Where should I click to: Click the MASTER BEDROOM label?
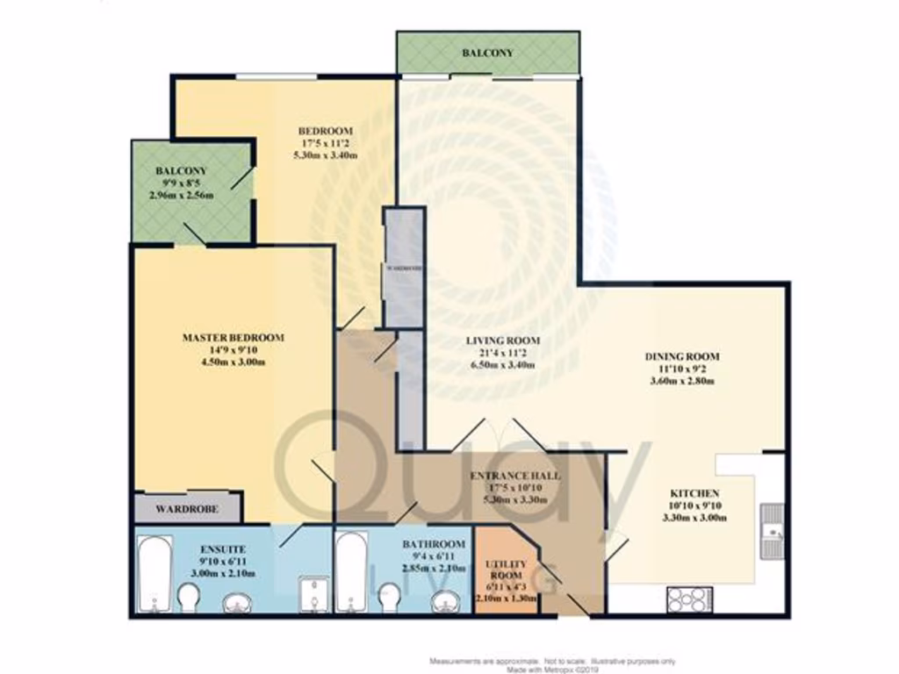pyautogui.click(x=233, y=338)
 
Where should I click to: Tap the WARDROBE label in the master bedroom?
pyautogui.click(x=186, y=509)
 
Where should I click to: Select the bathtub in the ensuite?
pyautogui.click(x=155, y=574)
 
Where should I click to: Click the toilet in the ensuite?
pyautogui.click(x=189, y=599)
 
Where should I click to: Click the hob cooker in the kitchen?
pyautogui.click(x=687, y=599)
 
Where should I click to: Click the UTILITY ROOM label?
pyautogui.click(x=506, y=568)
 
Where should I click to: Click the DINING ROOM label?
pyautogui.click(x=682, y=356)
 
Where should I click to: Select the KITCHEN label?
pyautogui.click(x=694, y=494)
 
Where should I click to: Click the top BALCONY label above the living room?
pyautogui.click(x=487, y=54)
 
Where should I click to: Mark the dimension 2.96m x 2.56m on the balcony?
pyautogui.click(x=182, y=195)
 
